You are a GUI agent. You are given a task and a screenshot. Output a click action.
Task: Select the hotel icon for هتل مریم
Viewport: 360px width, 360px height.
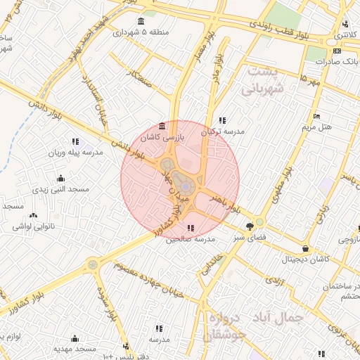pos(316,116)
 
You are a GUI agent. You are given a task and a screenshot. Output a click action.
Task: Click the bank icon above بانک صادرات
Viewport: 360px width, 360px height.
pos(337,51)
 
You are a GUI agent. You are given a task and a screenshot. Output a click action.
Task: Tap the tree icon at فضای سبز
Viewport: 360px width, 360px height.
pos(250,226)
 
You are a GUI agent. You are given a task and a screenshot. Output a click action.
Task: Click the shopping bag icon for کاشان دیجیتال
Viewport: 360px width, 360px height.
pos(304,248)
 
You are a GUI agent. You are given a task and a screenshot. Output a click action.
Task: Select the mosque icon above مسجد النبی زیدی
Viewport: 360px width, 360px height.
pos(60,178)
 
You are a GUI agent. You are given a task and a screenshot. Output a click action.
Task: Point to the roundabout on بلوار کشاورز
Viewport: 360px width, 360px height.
pos(92,265)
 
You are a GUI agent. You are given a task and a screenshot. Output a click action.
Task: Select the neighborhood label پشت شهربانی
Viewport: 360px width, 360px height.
pos(261,81)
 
